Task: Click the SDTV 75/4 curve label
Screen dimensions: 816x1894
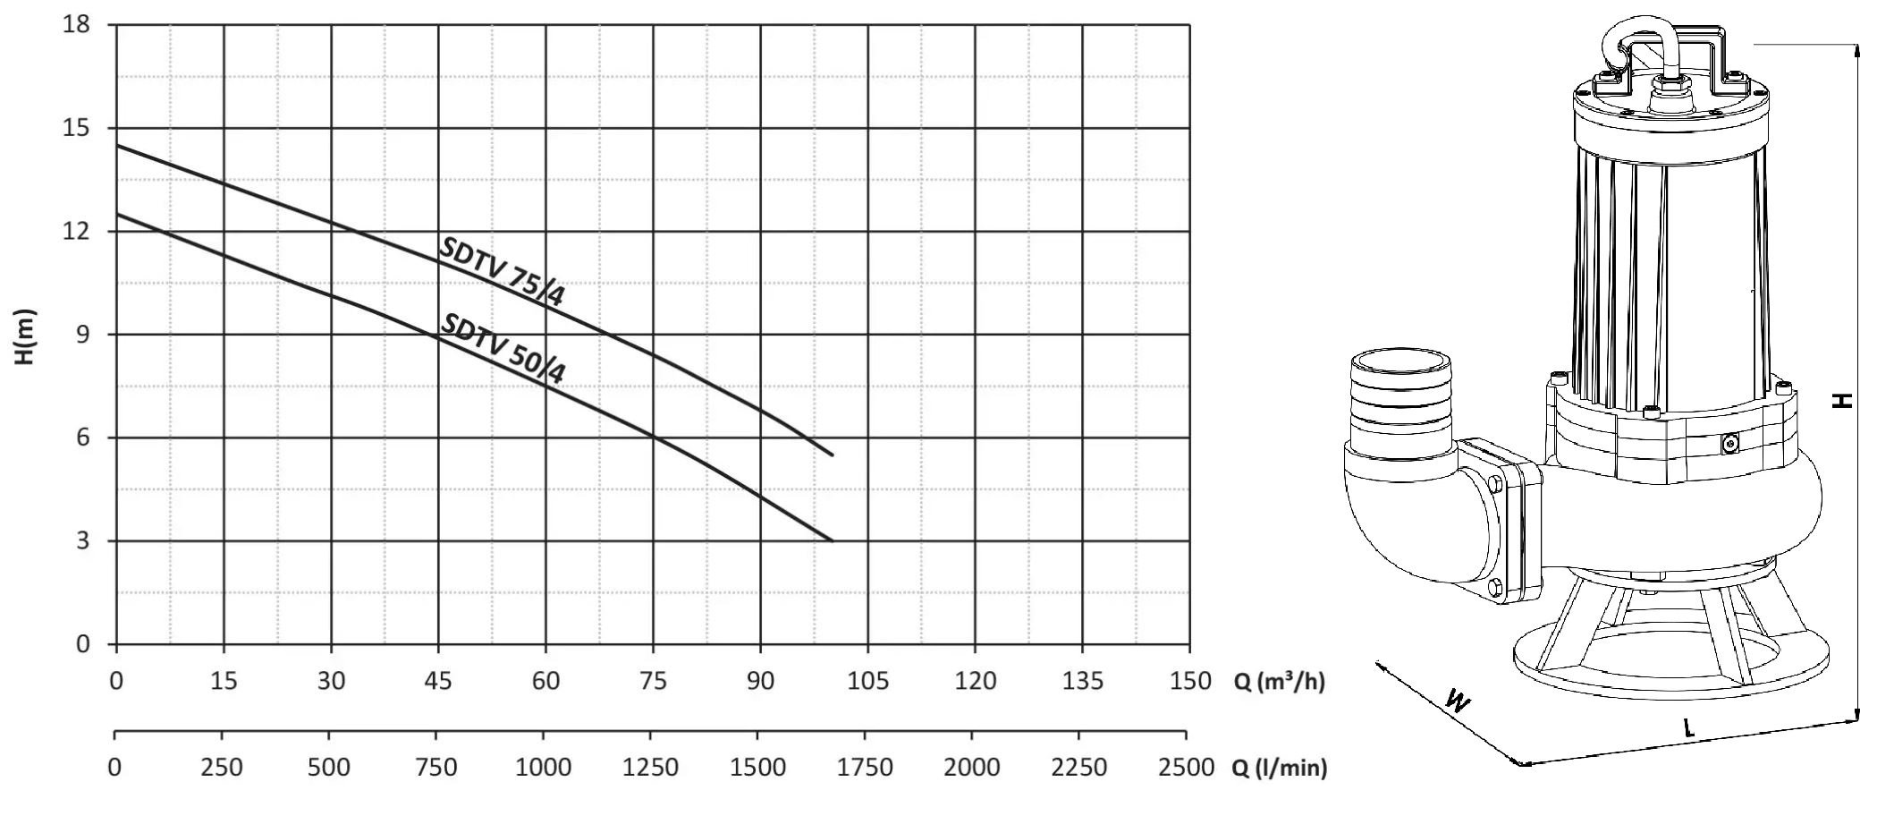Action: (x=502, y=272)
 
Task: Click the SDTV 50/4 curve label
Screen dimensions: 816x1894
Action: (x=503, y=349)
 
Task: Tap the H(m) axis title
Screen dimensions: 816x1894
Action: (x=26, y=336)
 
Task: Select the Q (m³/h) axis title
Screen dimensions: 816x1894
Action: (x=1279, y=682)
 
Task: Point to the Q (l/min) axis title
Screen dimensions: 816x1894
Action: (x=1279, y=768)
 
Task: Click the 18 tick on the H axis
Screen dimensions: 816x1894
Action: (x=77, y=24)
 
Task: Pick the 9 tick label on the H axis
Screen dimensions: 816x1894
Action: (x=83, y=335)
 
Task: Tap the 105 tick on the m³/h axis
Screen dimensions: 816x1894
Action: (x=867, y=682)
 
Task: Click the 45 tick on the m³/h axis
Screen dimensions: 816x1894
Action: (x=438, y=682)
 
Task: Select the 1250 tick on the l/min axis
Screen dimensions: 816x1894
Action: (x=650, y=768)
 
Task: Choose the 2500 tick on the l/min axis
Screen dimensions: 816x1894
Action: (x=1186, y=768)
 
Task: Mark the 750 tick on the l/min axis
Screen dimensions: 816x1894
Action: (x=435, y=768)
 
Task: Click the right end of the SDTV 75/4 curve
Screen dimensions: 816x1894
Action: (x=833, y=455)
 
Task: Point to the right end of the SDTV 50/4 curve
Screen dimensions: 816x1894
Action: (x=833, y=540)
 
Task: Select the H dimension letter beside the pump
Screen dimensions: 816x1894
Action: (x=1842, y=400)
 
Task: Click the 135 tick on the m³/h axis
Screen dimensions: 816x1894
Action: (x=1082, y=682)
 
